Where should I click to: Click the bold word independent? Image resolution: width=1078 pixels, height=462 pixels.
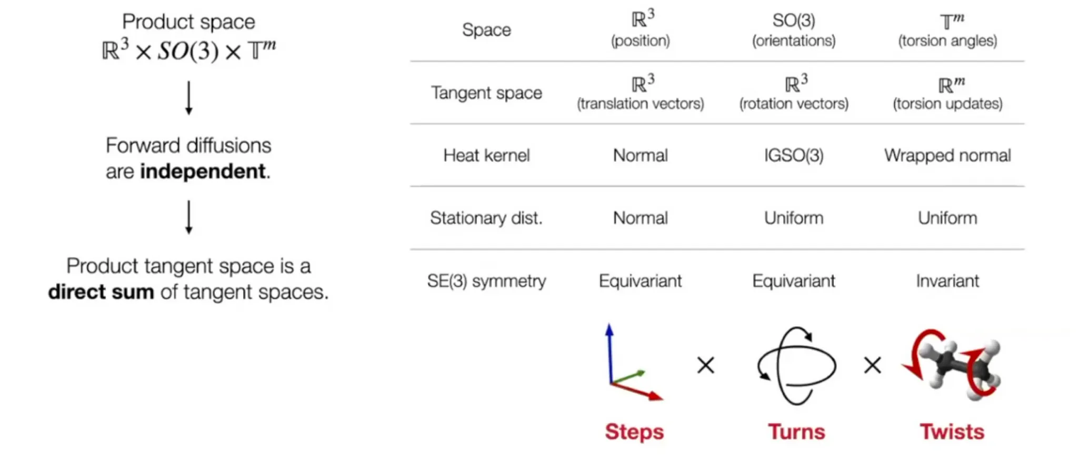point(203,172)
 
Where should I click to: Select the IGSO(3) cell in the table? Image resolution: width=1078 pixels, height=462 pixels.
point(794,155)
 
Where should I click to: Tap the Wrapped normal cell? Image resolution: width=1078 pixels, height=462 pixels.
point(947,156)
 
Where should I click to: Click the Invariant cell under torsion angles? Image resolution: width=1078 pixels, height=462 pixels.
point(947,280)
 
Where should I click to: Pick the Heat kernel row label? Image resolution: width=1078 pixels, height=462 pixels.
point(486,155)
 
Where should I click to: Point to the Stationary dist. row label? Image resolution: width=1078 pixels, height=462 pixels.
point(486,218)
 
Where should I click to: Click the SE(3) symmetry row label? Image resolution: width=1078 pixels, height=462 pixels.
point(486,281)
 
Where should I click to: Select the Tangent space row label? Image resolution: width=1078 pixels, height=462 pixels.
point(486,93)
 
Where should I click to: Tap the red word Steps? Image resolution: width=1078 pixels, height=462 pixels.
point(634,432)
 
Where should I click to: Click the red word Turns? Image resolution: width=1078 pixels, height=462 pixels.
point(796,431)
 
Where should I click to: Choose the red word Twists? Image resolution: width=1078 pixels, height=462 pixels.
point(952,431)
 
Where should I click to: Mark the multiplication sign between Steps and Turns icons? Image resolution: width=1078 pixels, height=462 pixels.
point(706,365)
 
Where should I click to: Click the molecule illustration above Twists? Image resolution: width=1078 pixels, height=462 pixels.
point(952,365)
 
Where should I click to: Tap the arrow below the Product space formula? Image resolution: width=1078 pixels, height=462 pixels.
point(189,98)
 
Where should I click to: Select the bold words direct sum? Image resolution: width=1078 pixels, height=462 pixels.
point(101,292)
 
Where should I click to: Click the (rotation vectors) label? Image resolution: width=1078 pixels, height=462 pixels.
point(794,104)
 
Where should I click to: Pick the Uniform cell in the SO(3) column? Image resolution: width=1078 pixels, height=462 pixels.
point(794,218)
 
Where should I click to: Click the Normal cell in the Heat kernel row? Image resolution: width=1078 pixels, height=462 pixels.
point(641,155)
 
